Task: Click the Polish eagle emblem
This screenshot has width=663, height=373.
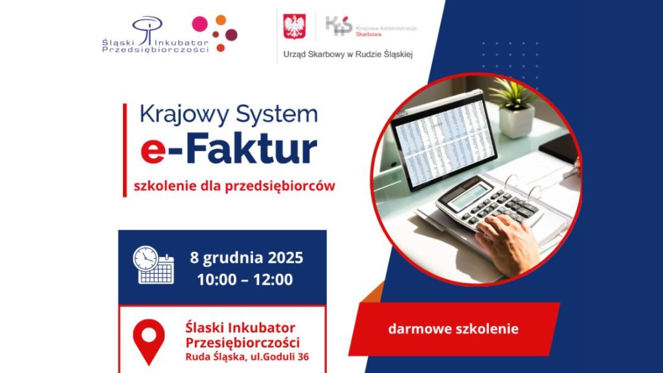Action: (x=295, y=27)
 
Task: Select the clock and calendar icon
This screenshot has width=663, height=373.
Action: (x=153, y=265)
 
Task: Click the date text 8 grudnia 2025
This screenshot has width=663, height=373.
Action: (x=247, y=258)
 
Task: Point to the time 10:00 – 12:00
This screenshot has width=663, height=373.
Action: (x=246, y=280)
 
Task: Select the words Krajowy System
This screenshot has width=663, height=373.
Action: (x=229, y=115)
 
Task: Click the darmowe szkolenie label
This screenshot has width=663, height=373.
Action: (x=453, y=329)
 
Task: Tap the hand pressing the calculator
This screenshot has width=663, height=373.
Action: (x=508, y=243)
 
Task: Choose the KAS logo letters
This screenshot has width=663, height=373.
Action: (x=338, y=27)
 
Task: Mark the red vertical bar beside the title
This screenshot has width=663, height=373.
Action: (x=124, y=149)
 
